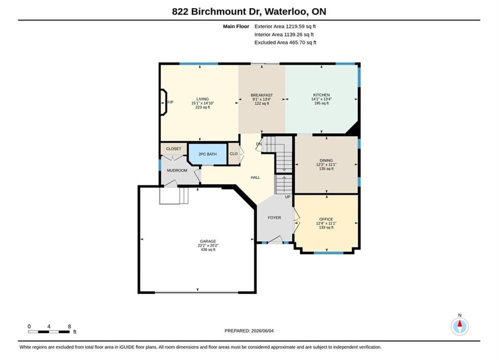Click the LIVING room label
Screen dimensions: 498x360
point(202,99)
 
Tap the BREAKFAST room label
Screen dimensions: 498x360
point(262,95)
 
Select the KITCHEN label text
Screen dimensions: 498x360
point(321,95)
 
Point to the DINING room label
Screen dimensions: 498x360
point(326,160)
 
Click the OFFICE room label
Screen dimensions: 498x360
point(326,219)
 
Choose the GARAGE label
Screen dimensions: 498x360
point(208,241)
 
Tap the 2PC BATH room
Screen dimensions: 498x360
point(208,154)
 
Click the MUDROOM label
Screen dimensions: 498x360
point(177,170)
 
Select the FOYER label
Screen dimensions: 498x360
point(274,217)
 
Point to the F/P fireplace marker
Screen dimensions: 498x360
point(171,102)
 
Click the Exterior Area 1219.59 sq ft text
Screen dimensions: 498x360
point(285,26)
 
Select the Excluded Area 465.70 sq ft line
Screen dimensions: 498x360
point(285,42)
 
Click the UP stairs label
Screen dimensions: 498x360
point(288,197)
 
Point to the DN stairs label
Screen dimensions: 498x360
point(259,144)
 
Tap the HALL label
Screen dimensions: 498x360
point(255,177)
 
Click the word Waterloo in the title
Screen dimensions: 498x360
point(286,11)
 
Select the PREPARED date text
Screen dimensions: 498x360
point(249,331)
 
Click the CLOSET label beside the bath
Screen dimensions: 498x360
point(174,149)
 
